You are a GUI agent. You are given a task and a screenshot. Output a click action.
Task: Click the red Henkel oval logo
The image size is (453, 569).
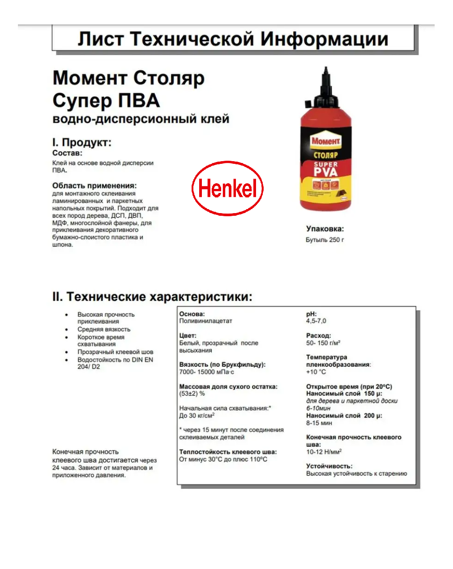[x=227, y=188]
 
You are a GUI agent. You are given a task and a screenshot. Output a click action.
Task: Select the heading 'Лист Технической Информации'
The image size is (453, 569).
[x=233, y=39]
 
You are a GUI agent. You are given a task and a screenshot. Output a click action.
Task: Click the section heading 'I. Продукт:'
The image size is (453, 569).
[x=81, y=142]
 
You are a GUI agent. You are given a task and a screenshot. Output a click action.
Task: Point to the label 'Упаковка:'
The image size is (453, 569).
[x=325, y=229]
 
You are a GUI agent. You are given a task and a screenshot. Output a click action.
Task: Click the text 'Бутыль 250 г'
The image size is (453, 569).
[x=325, y=240]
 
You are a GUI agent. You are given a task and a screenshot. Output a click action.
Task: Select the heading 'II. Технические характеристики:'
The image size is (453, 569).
[x=152, y=297]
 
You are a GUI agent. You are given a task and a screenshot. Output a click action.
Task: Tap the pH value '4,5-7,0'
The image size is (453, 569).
[x=316, y=321]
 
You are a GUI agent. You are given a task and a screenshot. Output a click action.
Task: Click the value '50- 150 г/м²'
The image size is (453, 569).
[x=323, y=343]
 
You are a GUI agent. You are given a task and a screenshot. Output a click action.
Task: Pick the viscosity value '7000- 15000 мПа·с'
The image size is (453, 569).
[x=206, y=372]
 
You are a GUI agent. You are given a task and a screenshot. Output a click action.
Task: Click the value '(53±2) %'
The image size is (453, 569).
[x=192, y=394]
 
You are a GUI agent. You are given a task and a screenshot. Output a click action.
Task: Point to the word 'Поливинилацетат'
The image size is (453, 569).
[x=205, y=321]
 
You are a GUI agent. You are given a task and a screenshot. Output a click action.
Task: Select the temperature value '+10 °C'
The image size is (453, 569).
[x=316, y=372]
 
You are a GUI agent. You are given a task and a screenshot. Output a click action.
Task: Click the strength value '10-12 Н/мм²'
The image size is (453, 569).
[x=324, y=452]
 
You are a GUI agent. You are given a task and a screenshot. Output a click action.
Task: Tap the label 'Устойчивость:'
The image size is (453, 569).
[x=329, y=466]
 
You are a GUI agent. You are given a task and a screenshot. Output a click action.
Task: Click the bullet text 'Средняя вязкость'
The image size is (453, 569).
[x=104, y=329]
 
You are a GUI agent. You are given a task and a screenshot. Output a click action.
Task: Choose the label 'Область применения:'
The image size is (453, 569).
[x=94, y=185]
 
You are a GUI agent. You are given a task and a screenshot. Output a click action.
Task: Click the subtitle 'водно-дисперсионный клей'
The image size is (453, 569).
[x=141, y=119]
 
